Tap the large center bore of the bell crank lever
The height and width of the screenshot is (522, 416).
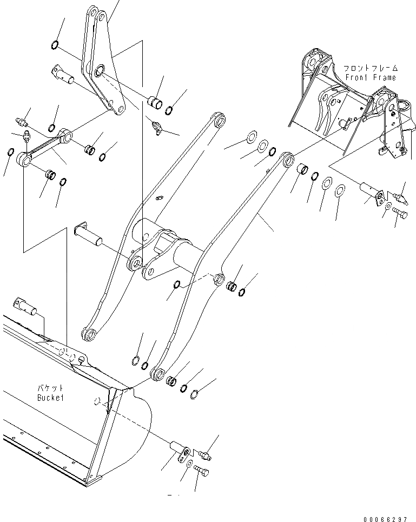point(100,71)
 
